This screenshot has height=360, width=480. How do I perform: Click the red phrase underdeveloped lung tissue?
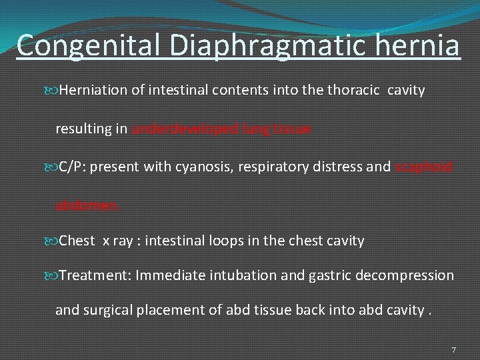point(221,129)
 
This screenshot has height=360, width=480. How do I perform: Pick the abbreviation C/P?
point(72,167)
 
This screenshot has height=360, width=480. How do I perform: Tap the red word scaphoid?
point(424,167)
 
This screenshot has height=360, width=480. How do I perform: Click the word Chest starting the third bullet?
point(77,241)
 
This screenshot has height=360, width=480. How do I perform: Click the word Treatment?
point(95,275)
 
